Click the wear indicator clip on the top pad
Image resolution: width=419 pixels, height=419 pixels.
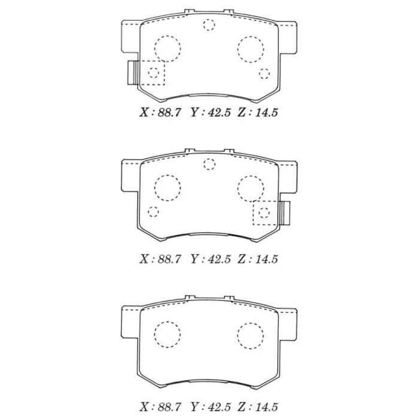coord(133,72)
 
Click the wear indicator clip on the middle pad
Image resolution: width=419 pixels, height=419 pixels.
coord(285,213)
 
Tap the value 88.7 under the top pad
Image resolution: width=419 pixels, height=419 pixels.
coord(169,113)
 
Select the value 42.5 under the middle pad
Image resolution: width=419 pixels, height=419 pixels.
coord(219,259)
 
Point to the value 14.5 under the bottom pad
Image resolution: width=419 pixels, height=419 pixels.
coord(267,407)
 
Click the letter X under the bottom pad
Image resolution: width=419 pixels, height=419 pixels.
coord(144,407)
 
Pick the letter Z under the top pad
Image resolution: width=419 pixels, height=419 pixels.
coord(242,113)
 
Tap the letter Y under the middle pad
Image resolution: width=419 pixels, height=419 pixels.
coord(195,259)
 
